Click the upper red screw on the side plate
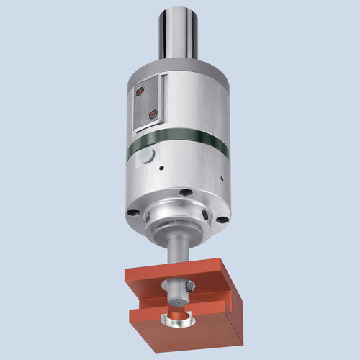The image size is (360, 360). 139,91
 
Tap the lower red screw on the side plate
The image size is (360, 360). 150,113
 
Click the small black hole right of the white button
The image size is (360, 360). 162,168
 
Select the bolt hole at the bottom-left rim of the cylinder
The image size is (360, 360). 134,212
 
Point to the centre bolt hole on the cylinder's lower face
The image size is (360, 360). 186,192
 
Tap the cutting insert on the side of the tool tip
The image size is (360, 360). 189,288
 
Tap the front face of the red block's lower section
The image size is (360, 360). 194,335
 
